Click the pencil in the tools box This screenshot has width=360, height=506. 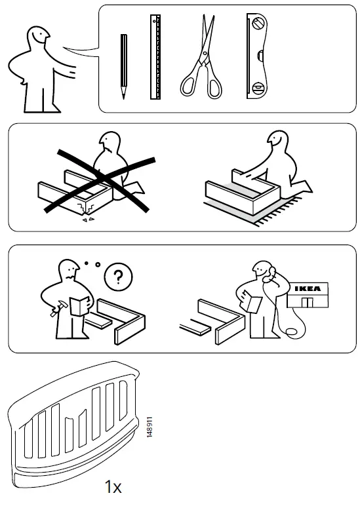(124, 66)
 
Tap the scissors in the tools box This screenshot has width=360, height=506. (203, 59)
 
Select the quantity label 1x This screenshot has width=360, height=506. (113, 487)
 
